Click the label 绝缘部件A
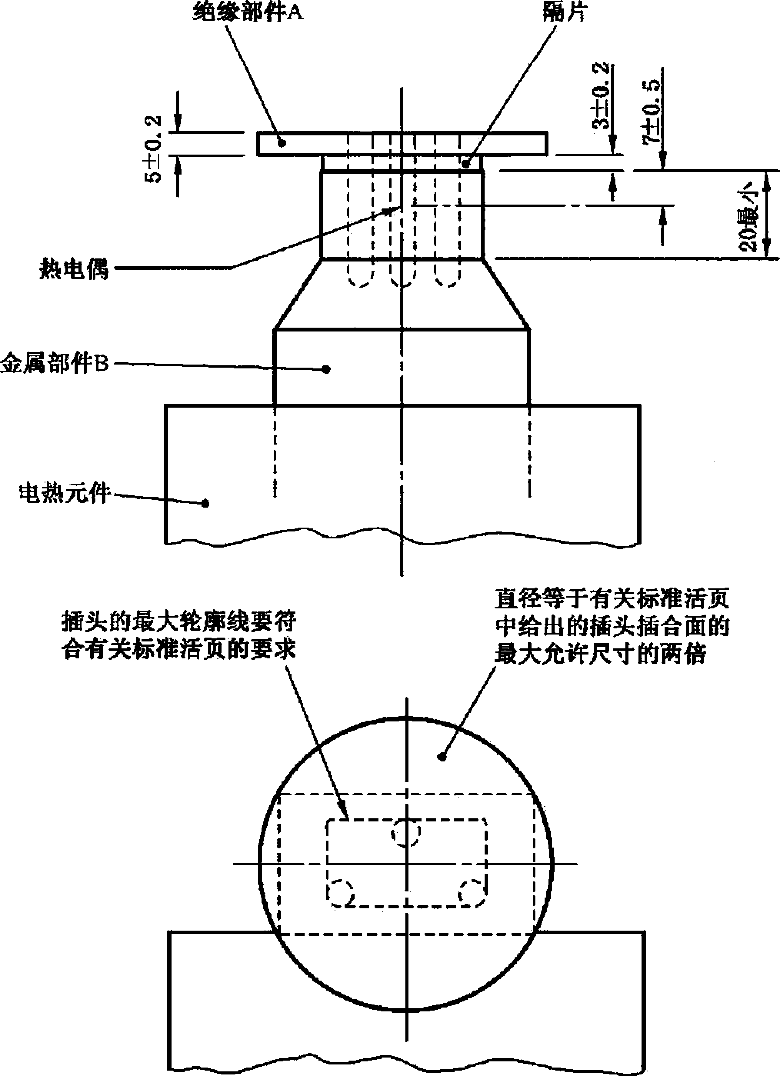pyautogui.click(x=248, y=12)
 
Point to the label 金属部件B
pyautogui.click(x=55, y=365)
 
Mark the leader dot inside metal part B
pyautogui.click(x=326, y=369)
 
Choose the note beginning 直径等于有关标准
pyautogui.click(x=612, y=627)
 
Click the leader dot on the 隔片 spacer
pyautogui.click(x=465, y=164)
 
